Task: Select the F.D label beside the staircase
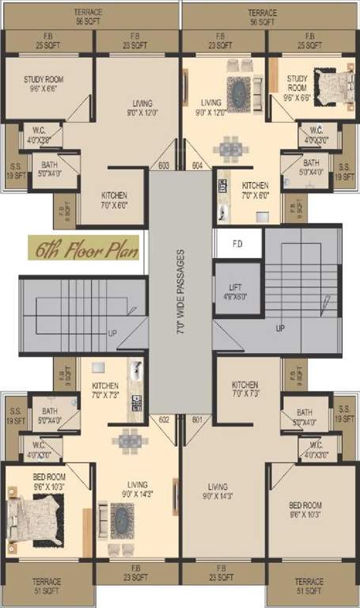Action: pos(237,244)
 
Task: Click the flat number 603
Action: pos(164,166)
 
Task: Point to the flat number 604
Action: pos(197,166)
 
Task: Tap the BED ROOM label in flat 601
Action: pos(305,509)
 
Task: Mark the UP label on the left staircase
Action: pos(112,333)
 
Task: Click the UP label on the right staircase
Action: pos(280,327)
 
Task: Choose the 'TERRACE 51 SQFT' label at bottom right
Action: pos(309,586)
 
